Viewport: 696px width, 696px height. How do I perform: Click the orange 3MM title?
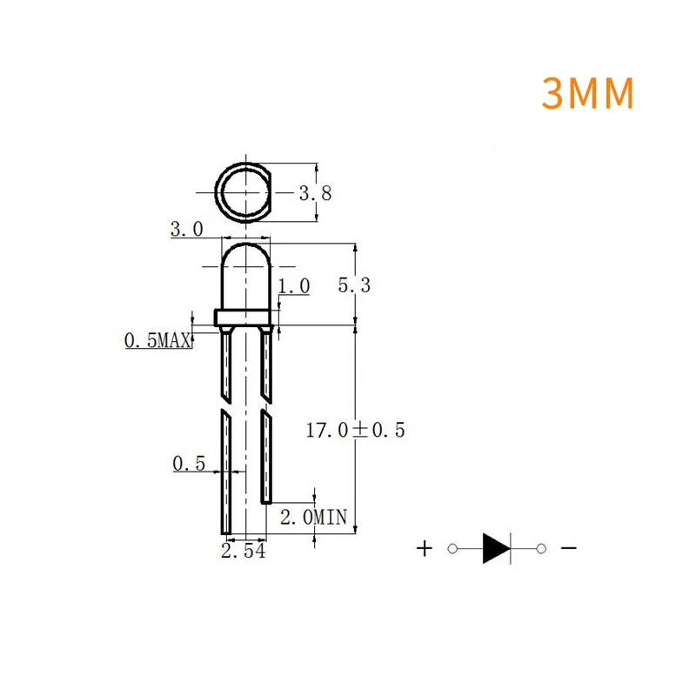coord(588,94)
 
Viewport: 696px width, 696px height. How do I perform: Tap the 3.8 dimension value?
coord(316,193)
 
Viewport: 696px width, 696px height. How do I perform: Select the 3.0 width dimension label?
coord(186,230)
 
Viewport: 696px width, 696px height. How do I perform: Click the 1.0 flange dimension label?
coord(294,285)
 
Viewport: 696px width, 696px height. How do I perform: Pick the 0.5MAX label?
coord(157,341)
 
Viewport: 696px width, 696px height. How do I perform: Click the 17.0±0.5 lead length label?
coord(356,429)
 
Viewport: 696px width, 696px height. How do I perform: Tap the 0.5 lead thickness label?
coord(189,465)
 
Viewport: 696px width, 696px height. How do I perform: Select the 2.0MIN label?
coord(313,518)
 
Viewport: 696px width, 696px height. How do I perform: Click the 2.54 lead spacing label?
coord(244,552)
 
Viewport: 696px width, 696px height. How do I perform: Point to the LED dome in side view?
coord(247,277)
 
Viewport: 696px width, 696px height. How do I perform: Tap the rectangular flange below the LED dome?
coord(247,318)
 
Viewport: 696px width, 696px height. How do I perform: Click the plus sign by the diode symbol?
coord(424,548)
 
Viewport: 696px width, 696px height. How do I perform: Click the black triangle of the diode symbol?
coord(495,548)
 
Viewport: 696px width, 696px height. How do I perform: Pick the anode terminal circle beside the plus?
coord(452,548)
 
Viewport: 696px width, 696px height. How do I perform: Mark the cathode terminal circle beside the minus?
coord(541,548)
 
